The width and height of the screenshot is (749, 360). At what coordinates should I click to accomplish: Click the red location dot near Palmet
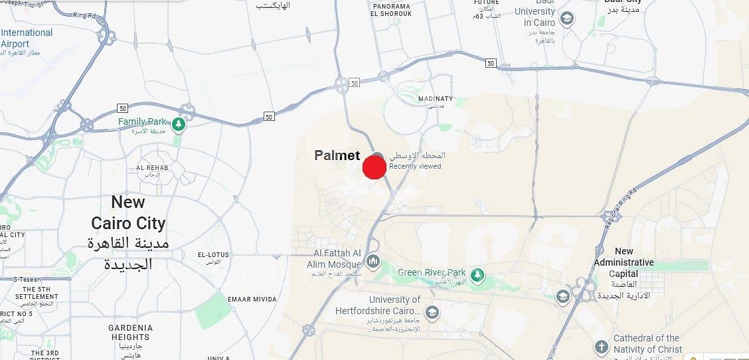click(374, 167)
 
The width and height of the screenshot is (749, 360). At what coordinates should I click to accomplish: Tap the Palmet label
click(337, 155)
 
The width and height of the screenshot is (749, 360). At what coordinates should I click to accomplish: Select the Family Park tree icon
click(178, 124)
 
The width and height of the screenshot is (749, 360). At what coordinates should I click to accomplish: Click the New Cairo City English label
click(128, 213)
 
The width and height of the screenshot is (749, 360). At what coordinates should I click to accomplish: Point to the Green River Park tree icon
click(477, 274)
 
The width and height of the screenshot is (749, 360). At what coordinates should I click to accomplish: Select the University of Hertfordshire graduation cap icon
click(432, 312)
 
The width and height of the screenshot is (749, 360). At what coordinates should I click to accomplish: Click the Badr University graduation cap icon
click(566, 19)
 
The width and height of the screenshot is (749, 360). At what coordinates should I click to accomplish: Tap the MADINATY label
click(435, 99)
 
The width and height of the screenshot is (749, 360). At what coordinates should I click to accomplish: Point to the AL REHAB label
click(152, 167)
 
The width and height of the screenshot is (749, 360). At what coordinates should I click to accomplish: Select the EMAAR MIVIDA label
click(252, 300)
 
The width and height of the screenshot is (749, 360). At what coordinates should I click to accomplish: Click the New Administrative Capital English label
click(624, 262)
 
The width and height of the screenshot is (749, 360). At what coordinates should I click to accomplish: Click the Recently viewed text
click(415, 166)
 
